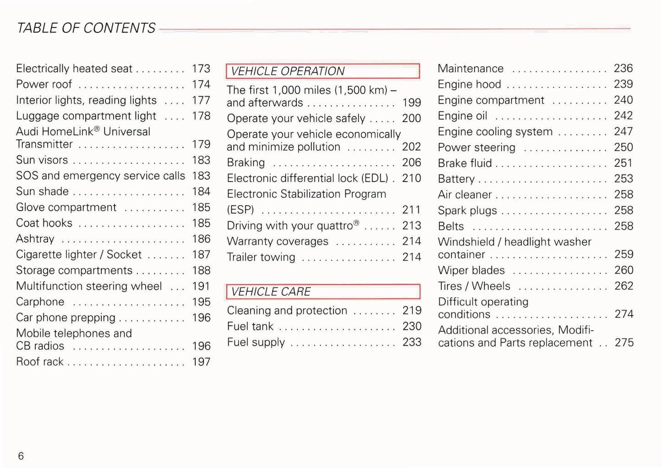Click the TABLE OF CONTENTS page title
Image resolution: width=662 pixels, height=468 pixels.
pos(86,28)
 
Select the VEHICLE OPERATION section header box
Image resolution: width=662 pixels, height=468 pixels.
pos(323,71)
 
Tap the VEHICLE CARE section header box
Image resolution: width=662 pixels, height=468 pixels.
pos(323,292)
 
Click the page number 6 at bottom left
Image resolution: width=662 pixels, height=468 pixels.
pos(21,456)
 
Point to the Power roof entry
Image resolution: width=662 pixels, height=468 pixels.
pos(44,84)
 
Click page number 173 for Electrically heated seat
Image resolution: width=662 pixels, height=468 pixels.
pos(201,69)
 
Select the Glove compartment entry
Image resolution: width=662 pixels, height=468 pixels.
pos(66,207)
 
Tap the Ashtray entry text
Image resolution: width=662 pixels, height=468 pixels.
pos(35,239)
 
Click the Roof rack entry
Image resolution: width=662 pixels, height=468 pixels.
pos(40,362)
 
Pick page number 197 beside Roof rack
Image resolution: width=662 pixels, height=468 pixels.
pos(201,362)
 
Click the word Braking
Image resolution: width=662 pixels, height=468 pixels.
pos(246,163)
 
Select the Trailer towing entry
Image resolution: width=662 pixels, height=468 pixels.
pos(261,257)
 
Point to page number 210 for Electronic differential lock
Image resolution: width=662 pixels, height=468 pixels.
pos(411,178)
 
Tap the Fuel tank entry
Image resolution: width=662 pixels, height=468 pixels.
pos(250,327)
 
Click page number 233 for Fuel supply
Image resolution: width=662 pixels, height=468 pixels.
pos(412,342)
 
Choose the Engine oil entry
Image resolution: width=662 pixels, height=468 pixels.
pos(463,116)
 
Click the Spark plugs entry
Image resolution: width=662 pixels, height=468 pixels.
pos(467,211)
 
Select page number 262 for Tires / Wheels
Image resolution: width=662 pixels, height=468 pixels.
pos(624,286)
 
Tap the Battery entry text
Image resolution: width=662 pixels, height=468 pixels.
pos(456,179)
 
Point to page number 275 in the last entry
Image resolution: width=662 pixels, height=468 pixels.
pos(624,343)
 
